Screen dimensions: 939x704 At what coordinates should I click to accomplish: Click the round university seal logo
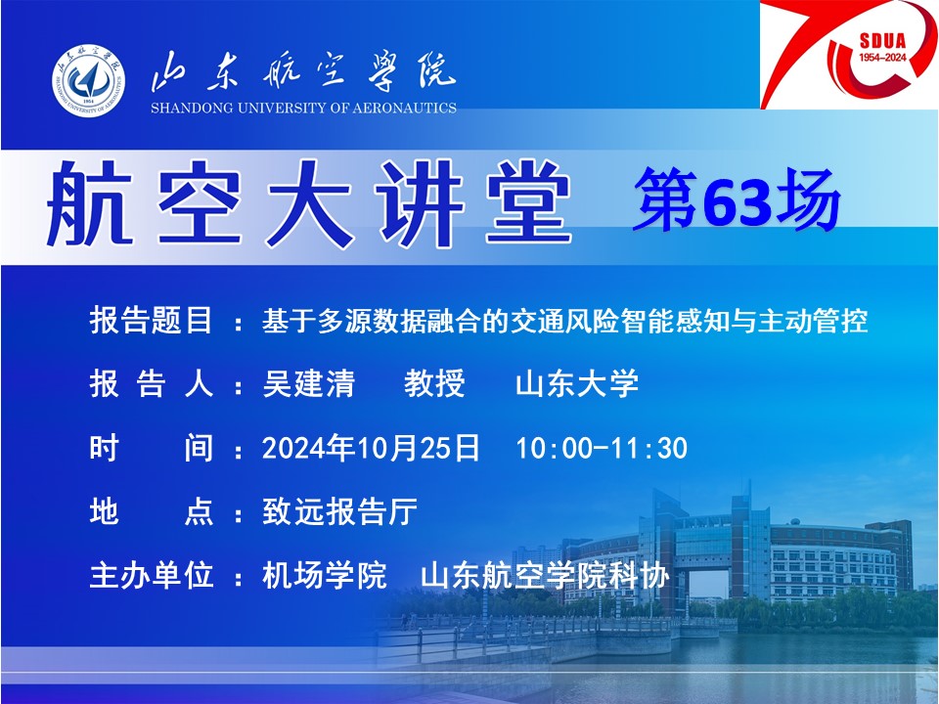click(x=89, y=79)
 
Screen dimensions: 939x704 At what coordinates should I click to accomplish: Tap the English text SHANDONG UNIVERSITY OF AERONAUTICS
click(x=303, y=109)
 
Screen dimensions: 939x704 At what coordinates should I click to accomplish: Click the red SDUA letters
click(x=882, y=41)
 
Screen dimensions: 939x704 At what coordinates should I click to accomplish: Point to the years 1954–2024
click(x=882, y=58)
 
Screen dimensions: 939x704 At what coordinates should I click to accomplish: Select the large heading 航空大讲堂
click(x=309, y=204)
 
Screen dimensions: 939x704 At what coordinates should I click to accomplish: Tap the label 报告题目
click(x=151, y=321)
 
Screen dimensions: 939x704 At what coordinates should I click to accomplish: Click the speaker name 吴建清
click(x=308, y=383)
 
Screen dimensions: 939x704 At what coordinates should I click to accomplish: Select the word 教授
click(x=434, y=383)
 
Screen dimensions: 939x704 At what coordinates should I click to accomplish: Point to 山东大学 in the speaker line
click(x=577, y=383)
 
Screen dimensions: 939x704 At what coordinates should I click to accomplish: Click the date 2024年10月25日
click(x=371, y=448)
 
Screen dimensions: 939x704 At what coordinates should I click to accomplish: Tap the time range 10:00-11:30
click(x=602, y=449)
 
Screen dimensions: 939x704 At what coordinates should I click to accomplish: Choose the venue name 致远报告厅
click(x=339, y=511)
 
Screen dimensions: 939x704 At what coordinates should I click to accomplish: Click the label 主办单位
click(x=151, y=576)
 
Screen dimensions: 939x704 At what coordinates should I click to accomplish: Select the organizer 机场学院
click(x=324, y=576)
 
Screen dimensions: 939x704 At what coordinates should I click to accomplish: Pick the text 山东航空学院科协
click(x=545, y=576)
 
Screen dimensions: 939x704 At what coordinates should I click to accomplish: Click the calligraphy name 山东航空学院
click(x=303, y=71)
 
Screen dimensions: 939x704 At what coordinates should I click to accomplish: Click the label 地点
click(x=151, y=511)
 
